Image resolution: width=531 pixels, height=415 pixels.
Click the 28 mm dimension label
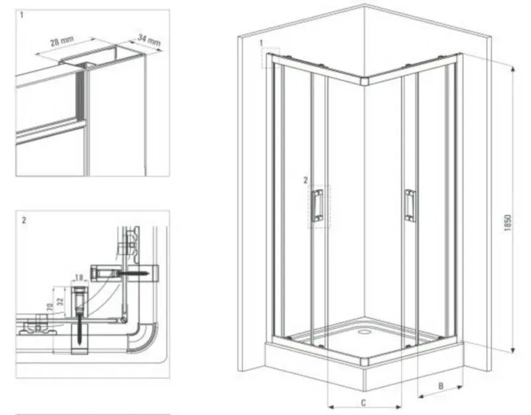coord(62,41)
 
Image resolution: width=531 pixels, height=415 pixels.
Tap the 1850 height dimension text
coord(507,223)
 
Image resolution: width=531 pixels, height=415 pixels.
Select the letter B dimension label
coord(441,386)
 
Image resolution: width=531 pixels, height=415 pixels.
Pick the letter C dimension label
coord(363,402)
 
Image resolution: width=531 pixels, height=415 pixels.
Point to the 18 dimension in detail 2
coord(79,278)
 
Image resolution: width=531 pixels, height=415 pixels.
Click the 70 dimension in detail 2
coord(50,307)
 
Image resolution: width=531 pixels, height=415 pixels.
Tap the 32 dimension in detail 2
coord(60,301)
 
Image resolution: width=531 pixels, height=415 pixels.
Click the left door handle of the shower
coord(317,206)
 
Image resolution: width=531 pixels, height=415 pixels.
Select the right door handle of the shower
coord(410,206)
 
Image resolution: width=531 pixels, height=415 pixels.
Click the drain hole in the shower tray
coord(364,331)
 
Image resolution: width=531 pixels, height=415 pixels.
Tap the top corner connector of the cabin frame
coord(364,82)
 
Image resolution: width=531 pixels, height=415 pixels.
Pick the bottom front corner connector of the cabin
coord(365,361)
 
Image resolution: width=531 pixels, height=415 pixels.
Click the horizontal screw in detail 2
coord(131,272)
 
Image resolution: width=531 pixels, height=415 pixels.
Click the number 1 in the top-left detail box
coord(22,15)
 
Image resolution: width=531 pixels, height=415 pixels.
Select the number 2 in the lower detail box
coord(24,220)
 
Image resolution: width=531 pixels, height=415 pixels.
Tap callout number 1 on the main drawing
coord(261,43)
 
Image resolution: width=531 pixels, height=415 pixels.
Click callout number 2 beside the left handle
coord(305,180)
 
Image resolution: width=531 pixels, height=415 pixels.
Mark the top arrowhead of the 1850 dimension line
coord(513,70)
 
